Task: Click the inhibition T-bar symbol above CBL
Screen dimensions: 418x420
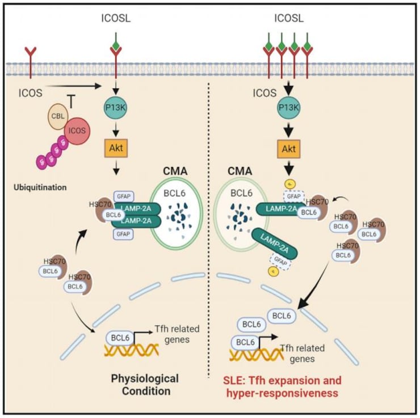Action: [72, 100]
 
